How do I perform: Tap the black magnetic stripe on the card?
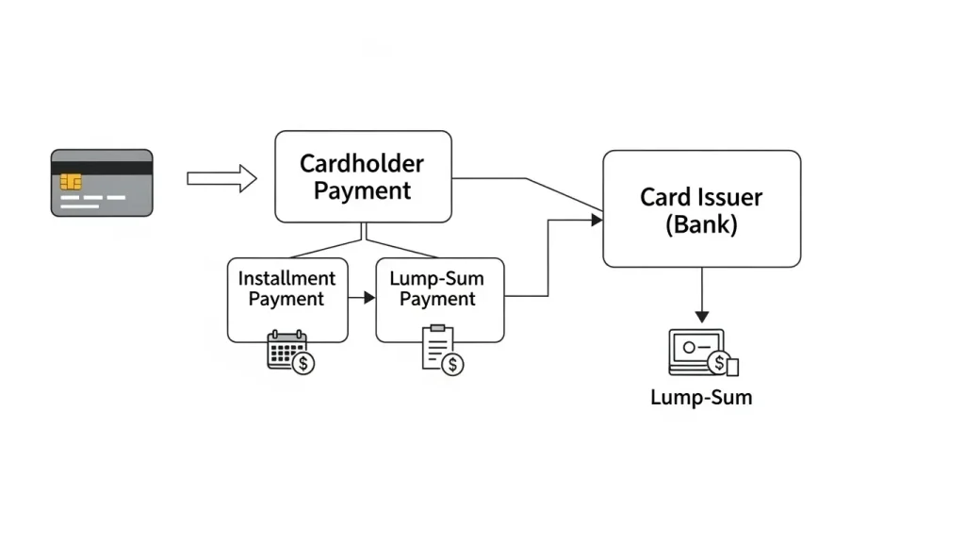102,168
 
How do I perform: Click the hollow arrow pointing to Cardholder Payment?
221,178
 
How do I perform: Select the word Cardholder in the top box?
362,163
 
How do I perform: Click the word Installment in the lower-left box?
286,279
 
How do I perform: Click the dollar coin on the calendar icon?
303,363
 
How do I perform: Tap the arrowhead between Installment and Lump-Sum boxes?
368,298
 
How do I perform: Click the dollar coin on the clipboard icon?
452,364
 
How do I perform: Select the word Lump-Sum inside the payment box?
437,279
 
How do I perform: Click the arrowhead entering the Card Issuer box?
596,220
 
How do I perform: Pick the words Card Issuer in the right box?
701,197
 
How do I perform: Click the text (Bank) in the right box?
701,225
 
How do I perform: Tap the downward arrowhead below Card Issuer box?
701,316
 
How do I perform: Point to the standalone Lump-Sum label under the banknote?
701,397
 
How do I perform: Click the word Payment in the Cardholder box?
362,190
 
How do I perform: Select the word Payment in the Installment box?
286,300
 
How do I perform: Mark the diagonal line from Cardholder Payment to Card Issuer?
564,195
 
